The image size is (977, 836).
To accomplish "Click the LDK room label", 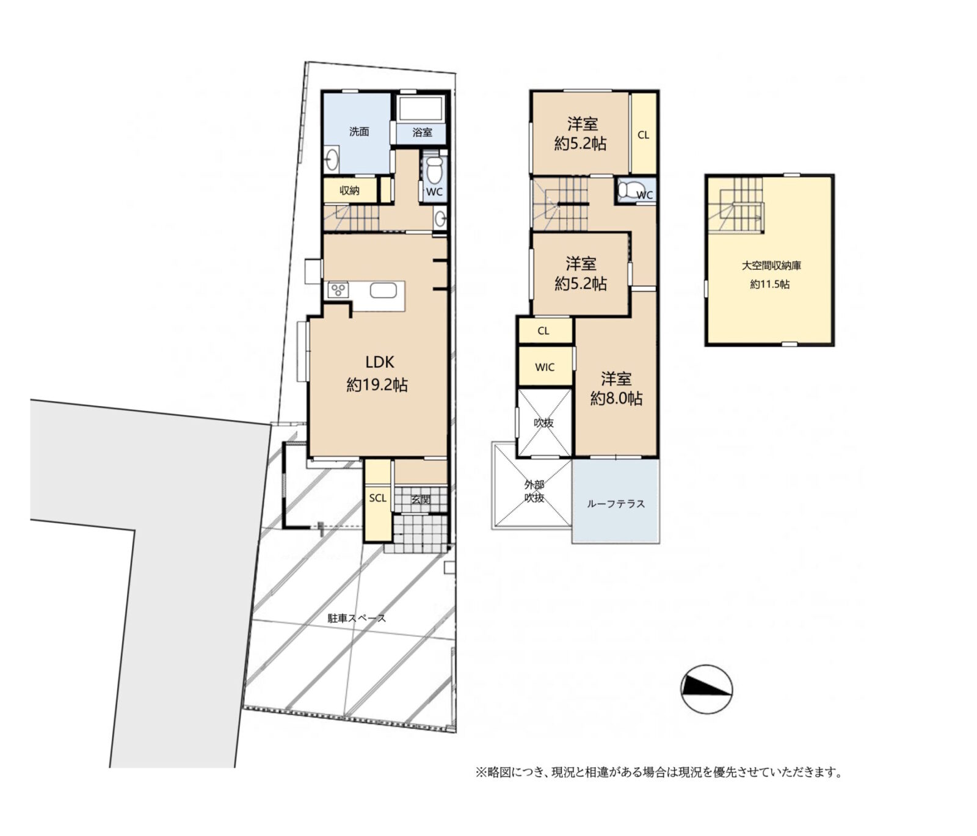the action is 379,362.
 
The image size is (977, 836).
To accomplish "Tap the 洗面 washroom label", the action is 359,131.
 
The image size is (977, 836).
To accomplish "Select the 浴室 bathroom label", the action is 422,132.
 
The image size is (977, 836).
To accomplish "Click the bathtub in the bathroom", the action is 420,109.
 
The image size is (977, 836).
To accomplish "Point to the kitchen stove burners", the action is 338,289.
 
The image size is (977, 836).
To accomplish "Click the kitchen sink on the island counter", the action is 383,291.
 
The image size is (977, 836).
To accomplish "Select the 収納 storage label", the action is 349,191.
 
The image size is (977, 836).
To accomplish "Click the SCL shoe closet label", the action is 377,498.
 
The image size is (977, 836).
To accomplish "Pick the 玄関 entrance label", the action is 421,499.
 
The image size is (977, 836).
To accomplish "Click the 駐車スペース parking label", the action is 357,618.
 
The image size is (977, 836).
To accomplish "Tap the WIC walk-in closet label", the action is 545,367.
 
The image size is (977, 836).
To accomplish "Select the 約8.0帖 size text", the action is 616,399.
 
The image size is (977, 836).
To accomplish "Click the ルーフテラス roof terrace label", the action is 616,504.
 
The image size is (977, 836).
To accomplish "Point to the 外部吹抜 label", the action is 534,491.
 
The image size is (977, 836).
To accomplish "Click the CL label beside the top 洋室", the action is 643,135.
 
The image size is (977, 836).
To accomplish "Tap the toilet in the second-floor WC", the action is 627,190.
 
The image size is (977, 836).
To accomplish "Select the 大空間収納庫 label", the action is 771,266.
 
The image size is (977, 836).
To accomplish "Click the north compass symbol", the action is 706,689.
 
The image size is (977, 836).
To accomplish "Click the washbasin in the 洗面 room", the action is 332,159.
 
